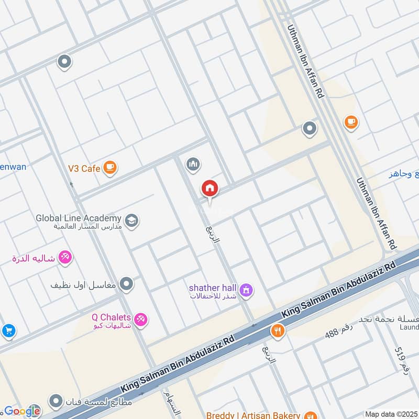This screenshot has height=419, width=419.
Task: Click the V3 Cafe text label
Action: (x=84, y=169)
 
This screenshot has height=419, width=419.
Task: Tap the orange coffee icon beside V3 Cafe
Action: (x=109, y=167)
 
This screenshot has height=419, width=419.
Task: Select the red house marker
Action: (x=210, y=189)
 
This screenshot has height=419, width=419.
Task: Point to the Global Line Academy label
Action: (x=79, y=218)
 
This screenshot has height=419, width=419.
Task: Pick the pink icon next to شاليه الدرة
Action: (x=66, y=257)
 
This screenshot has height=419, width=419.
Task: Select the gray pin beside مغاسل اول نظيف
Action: (x=126, y=284)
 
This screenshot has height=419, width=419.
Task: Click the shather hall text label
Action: (x=213, y=288)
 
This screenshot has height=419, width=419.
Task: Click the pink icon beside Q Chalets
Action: (x=140, y=318)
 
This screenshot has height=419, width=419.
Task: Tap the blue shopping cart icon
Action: (x=7, y=330)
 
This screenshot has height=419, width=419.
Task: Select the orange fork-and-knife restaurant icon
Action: (x=277, y=331)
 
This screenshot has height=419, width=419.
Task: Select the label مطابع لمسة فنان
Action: (x=99, y=402)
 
